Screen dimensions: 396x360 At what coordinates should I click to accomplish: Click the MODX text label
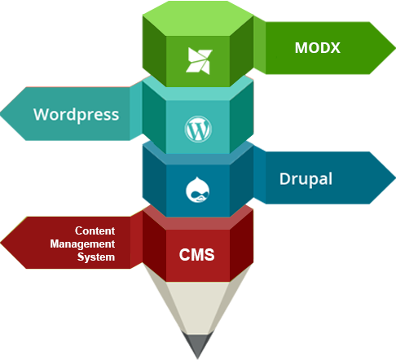318,48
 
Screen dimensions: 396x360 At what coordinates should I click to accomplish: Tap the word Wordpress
77,115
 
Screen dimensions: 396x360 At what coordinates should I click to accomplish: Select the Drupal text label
306,179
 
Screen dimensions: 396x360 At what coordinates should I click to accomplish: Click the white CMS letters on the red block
196,255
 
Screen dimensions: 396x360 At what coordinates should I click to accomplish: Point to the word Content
95,230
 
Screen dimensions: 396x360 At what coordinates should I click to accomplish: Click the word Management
82,244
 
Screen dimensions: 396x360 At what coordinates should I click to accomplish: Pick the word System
96,257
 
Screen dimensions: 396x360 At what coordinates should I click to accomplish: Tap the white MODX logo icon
199,61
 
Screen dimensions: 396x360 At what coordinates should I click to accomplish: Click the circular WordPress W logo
198,129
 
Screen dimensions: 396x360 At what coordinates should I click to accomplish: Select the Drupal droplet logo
198,190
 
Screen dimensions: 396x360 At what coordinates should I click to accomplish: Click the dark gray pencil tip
198,345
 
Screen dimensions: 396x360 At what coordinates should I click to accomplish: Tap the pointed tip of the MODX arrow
395,48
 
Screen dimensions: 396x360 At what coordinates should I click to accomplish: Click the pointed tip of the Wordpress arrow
1,114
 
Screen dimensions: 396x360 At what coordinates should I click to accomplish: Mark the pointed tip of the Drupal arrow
395,178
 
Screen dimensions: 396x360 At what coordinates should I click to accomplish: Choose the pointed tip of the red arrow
1,243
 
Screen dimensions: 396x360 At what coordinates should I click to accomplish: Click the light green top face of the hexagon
198,19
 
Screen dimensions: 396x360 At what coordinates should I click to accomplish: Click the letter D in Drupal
285,178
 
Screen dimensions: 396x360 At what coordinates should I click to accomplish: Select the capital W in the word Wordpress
42,114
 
